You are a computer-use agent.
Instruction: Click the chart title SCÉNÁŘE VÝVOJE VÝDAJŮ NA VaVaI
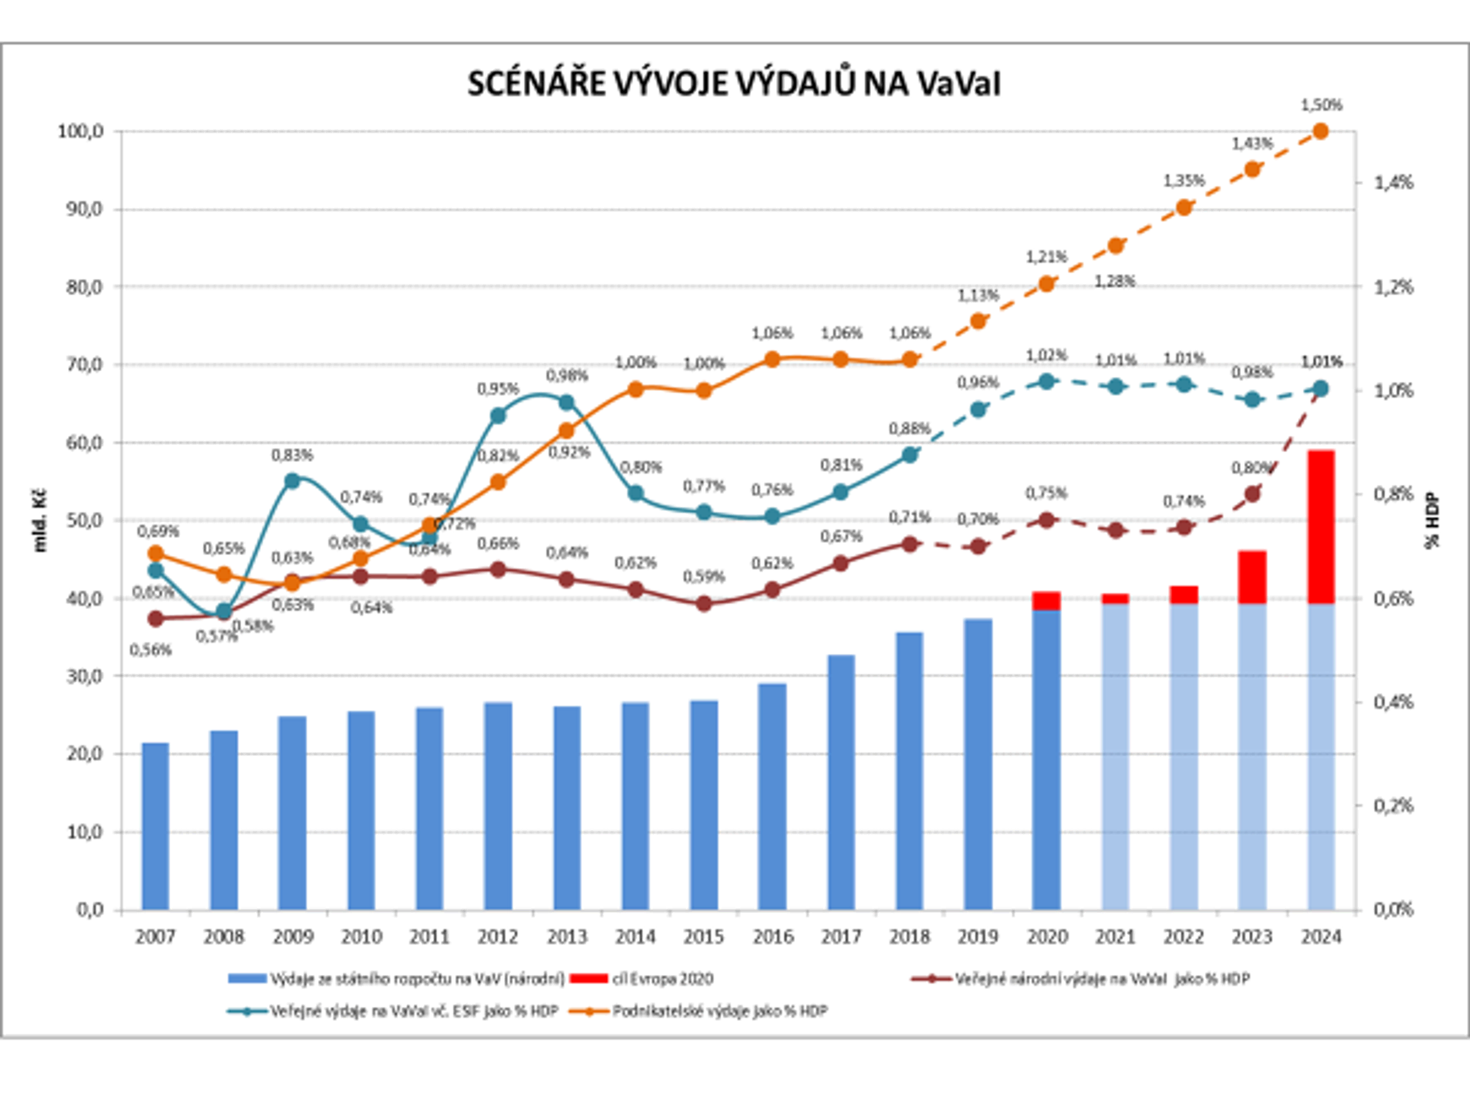click(x=734, y=85)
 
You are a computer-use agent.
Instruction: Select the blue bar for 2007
click(x=156, y=826)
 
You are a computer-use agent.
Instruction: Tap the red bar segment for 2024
click(x=1321, y=526)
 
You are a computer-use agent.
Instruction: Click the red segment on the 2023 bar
click(x=1252, y=577)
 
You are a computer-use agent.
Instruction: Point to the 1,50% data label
click(x=1321, y=105)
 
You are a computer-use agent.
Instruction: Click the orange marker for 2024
click(x=1321, y=132)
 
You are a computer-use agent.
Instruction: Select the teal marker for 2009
click(x=292, y=480)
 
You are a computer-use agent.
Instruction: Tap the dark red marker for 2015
click(x=704, y=604)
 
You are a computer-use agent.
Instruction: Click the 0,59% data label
click(x=704, y=577)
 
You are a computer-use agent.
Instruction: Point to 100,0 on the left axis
click(x=80, y=132)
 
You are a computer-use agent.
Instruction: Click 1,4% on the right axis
click(x=1393, y=183)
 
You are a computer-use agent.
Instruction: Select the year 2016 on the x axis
click(x=772, y=937)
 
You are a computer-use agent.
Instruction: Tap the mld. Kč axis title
click(x=40, y=521)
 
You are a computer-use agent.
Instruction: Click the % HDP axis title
click(x=1432, y=521)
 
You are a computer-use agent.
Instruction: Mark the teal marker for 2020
click(x=1047, y=382)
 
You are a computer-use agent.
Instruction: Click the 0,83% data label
click(x=292, y=455)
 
